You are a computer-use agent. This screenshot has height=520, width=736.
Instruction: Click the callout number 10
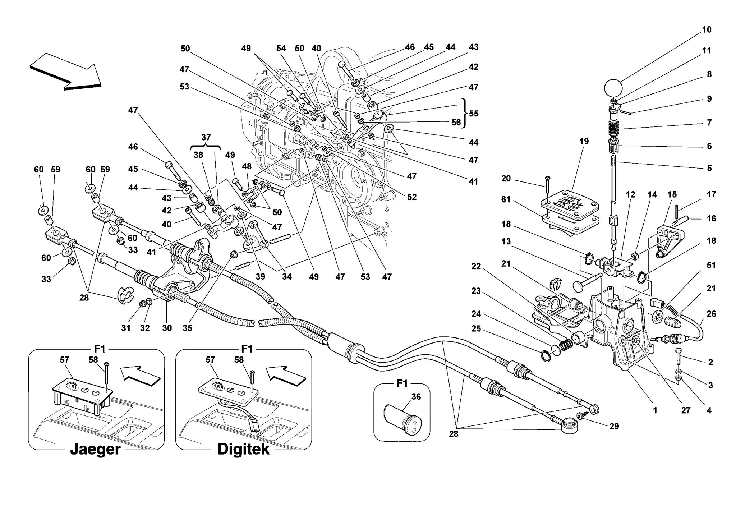tap(706, 30)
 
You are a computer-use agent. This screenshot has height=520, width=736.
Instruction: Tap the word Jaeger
tap(95, 449)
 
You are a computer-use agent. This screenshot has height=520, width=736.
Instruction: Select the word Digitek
tap(243, 449)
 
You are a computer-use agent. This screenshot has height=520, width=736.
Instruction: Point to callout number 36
tap(416, 396)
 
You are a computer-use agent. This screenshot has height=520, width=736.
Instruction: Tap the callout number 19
tap(584, 141)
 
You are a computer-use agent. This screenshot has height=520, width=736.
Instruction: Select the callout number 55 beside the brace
tap(474, 114)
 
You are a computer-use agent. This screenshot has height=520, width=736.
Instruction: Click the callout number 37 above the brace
tap(206, 137)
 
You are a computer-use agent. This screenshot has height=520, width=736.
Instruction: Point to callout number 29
tap(614, 426)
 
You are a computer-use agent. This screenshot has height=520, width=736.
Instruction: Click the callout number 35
tap(187, 328)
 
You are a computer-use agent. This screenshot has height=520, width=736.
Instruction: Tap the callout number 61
tap(506, 199)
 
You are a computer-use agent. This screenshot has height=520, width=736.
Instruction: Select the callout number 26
tap(711, 314)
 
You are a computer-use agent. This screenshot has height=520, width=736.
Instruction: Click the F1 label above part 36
tap(401, 383)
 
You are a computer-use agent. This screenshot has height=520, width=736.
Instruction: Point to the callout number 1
tap(655, 410)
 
